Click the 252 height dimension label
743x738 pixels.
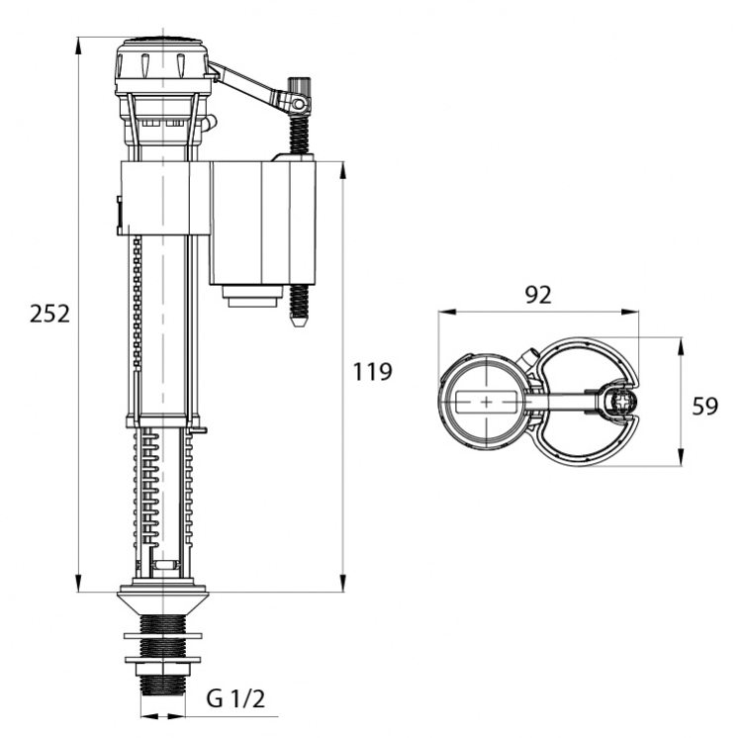tap(49, 314)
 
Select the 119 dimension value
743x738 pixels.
tap(372, 371)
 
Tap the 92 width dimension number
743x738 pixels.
tap(539, 295)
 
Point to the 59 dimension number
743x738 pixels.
tap(705, 406)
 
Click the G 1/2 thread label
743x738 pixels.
tap(235, 698)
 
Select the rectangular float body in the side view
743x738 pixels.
tap(262, 224)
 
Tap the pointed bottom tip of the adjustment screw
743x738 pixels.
tap(298, 324)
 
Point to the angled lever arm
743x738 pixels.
tap(246, 84)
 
